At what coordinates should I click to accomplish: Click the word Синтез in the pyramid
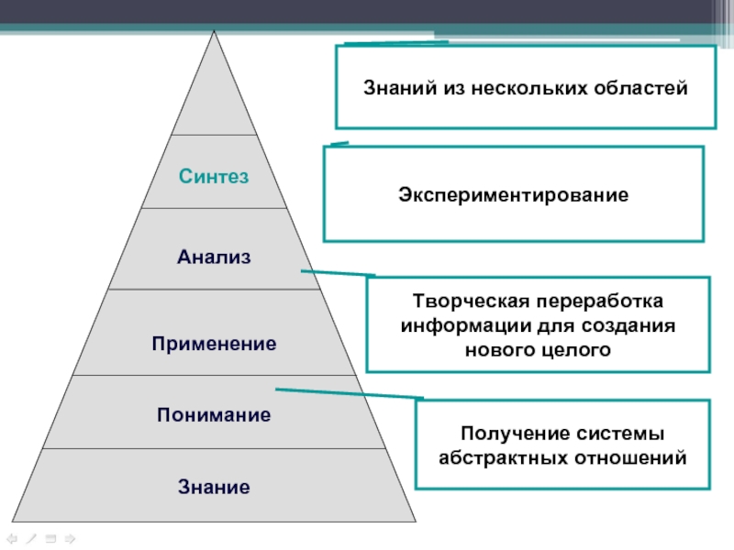[214, 175]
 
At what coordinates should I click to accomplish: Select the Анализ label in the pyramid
[214, 258]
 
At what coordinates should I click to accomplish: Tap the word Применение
[214, 345]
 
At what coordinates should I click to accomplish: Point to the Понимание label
[214, 415]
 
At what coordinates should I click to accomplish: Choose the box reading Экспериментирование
[513, 194]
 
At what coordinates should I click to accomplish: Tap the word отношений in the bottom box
[639, 456]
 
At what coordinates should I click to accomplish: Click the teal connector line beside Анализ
[337, 273]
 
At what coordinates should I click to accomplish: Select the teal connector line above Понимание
[349, 394]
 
